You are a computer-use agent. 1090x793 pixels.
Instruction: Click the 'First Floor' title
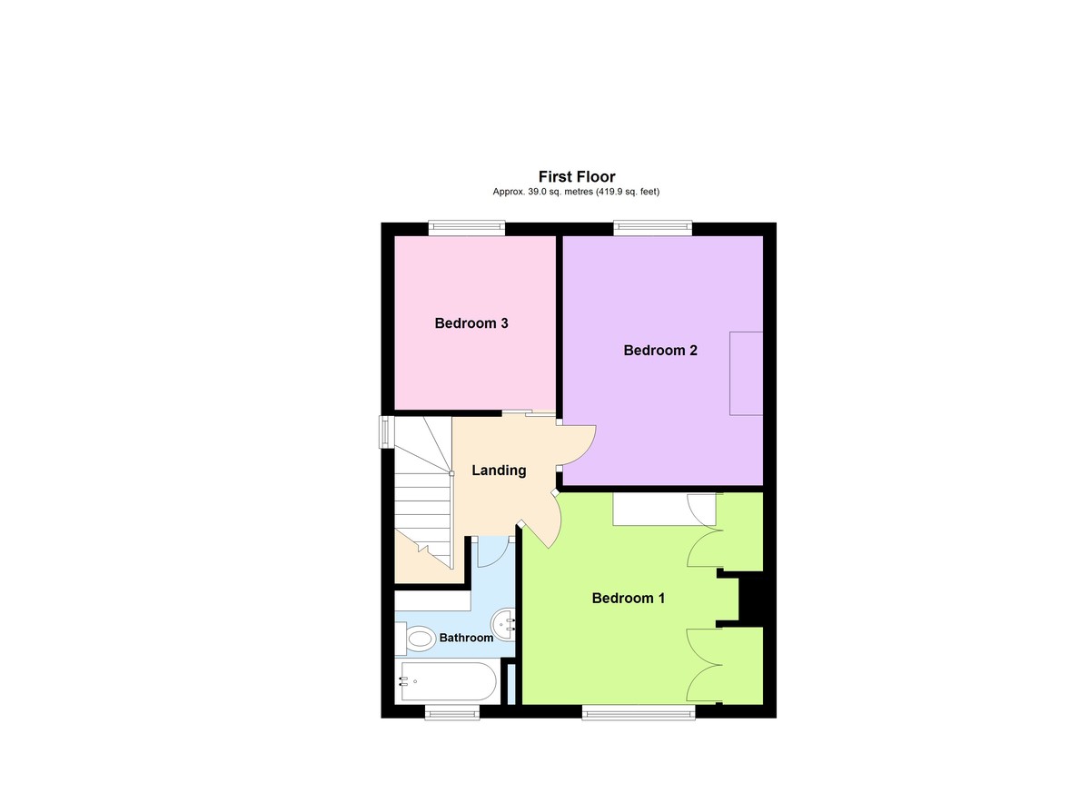(577, 176)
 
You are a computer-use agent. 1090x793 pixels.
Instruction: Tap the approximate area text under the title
(576, 192)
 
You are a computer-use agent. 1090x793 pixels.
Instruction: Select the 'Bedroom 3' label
(471, 322)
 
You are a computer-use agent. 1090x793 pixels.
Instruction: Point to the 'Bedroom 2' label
(660, 350)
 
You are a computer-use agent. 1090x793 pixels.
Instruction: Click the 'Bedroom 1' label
(629, 598)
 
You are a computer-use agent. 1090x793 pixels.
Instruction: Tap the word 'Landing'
(499, 470)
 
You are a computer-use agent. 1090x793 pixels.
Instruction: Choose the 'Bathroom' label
(466, 638)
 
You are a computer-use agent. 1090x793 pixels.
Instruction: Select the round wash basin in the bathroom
(504, 624)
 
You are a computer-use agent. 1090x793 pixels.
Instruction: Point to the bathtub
(449, 681)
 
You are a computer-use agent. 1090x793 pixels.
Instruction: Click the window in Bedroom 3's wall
(468, 228)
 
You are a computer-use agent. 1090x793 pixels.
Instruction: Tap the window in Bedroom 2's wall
(652, 228)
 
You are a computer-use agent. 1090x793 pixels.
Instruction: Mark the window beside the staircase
(387, 431)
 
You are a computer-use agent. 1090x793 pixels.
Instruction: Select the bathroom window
(452, 711)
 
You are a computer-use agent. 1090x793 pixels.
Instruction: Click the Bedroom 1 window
(639, 711)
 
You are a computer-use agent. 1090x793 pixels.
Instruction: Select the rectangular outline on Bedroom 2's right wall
(747, 373)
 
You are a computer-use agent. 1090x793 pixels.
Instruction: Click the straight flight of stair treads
(423, 509)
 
